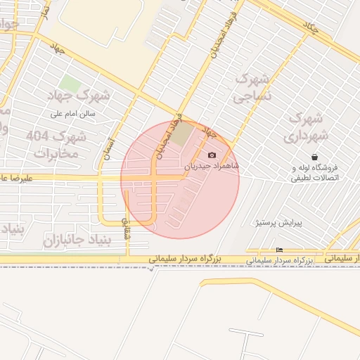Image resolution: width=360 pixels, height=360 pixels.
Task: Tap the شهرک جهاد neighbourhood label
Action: tap(78, 95)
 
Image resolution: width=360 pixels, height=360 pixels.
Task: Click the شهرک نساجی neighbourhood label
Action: tap(251, 88)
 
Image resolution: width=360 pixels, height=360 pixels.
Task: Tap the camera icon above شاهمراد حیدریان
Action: tap(212, 155)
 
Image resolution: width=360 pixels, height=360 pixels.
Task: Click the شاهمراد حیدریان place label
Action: tap(212, 167)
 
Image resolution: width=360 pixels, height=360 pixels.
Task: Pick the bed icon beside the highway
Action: tap(280, 250)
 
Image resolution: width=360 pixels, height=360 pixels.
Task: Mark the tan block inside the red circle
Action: tap(182, 134)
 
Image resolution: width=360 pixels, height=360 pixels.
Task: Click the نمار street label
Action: tap(44, 12)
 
